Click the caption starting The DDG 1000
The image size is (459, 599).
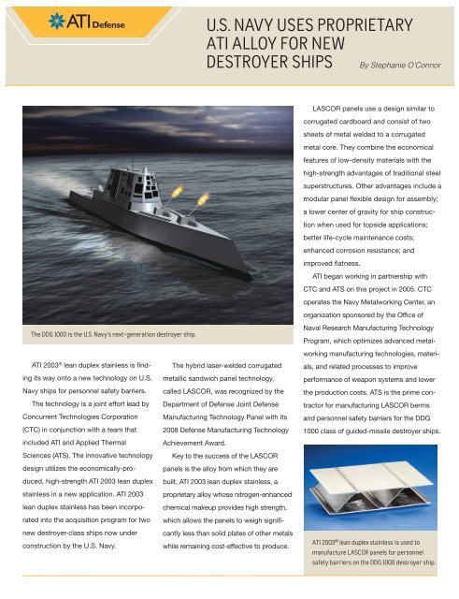point(108,333)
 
